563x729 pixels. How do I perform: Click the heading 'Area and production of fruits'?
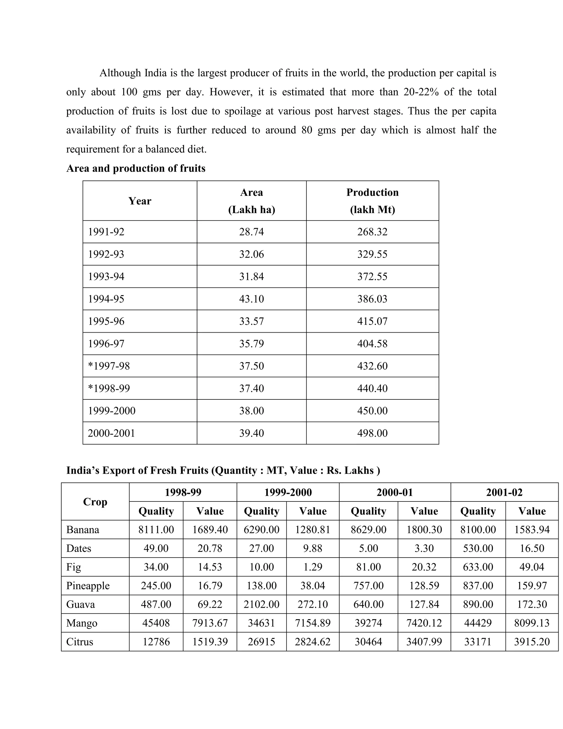click(136, 168)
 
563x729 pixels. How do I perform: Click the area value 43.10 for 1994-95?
click(251, 299)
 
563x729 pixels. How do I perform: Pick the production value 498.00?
click(372, 433)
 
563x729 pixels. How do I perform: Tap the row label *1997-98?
click(109, 366)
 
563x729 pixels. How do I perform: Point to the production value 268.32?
click(372, 232)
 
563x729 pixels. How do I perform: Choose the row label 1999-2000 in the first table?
click(111, 410)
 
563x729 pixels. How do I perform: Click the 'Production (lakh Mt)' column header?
click(372, 201)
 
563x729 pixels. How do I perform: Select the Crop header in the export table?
click(95, 502)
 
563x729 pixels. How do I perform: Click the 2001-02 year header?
click(504, 492)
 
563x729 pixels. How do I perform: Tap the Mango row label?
click(82, 623)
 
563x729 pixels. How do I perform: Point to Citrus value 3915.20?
click(531, 642)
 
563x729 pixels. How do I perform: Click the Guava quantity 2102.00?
click(261, 604)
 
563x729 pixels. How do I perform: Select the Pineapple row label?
click(88, 586)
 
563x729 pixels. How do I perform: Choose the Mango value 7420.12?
click(424, 623)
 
